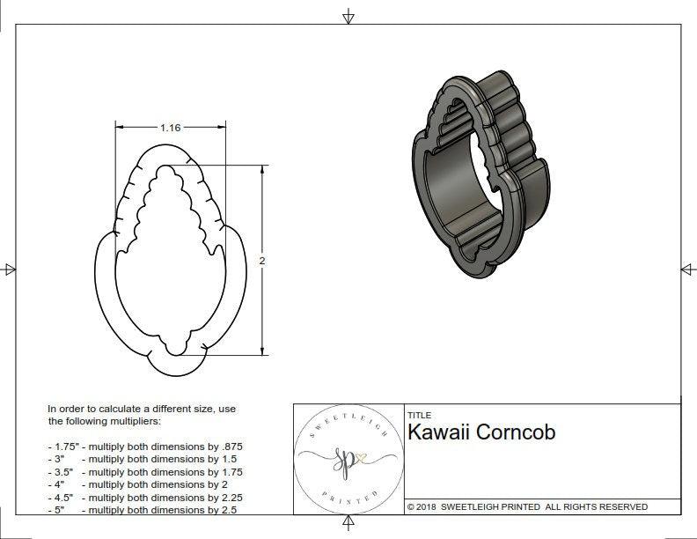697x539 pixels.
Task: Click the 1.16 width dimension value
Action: [170, 128]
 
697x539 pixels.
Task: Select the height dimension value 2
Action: [262, 261]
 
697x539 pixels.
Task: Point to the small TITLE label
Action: [419, 416]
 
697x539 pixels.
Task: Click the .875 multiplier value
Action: [231, 447]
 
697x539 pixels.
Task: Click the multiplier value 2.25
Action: [230, 497]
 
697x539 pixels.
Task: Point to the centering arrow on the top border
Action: [348, 15]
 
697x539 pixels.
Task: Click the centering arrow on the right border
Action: [687, 269]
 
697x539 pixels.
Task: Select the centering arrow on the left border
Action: [10, 269]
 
